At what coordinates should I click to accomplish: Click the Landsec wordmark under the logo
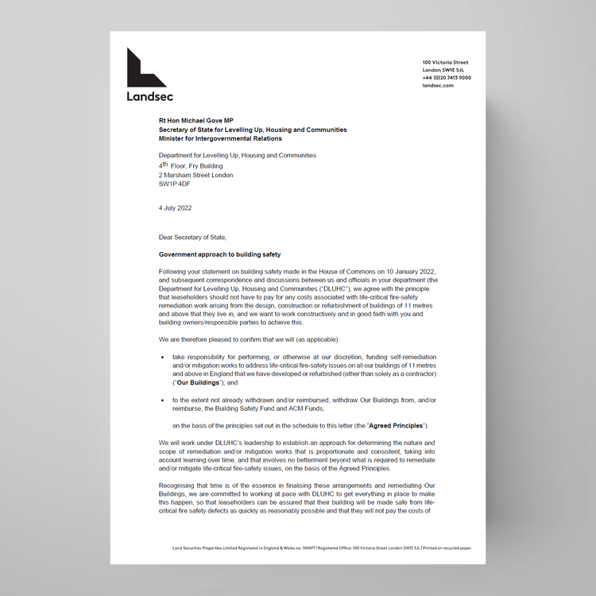click(149, 96)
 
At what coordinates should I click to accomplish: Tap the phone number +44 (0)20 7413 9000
click(447, 78)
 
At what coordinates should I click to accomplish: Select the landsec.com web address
click(438, 85)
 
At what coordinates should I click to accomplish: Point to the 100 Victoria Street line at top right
click(445, 62)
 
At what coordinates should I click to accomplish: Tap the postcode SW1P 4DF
click(175, 184)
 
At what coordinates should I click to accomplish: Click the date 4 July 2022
click(175, 208)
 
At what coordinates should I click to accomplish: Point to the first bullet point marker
click(163, 357)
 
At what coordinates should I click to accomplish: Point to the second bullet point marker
click(163, 401)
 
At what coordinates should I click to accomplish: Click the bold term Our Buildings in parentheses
click(198, 382)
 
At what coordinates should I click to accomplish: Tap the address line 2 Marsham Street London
click(196, 175)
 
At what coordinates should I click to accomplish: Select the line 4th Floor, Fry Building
click(191, 165)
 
